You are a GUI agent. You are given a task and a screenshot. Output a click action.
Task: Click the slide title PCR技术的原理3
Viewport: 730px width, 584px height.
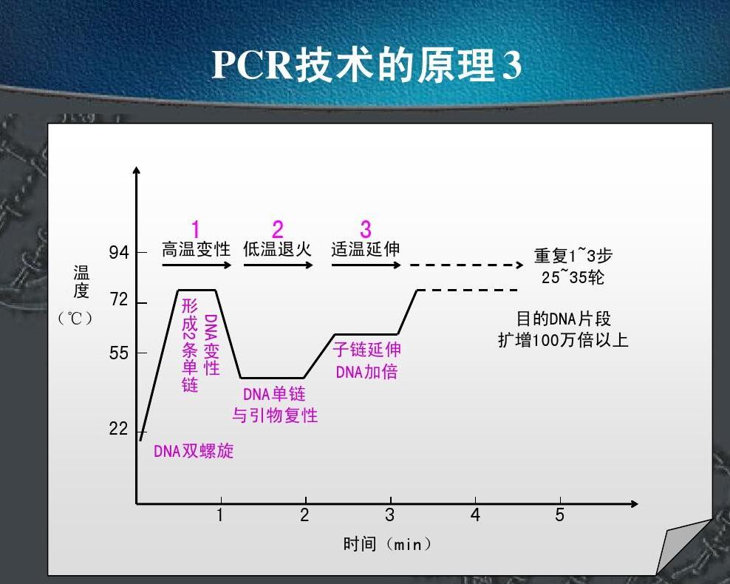pyautogui.click(x=367, y=65)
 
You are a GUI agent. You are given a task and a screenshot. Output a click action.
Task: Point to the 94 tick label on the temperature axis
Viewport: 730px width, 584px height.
pyautogui.click(x=119, y=252)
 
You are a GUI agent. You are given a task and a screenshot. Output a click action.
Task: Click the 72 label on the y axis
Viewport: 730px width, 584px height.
pyautogui.click(x=119, y=299)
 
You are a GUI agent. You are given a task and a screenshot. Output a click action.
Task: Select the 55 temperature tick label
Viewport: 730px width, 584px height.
pyautogui.click(x=119, y=353)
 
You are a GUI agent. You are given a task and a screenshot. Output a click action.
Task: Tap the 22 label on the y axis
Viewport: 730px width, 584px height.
pyautogui.click(x=119, y=429)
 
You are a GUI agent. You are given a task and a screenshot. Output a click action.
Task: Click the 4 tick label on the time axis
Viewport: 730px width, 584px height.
pyautogui.click(x=475, y=515)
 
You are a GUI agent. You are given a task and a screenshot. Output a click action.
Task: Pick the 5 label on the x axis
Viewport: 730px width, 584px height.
pyautogui.click(x=559, y=515)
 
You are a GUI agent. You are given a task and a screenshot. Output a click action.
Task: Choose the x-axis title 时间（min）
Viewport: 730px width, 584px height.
pyautogui.click(x=387, y=543)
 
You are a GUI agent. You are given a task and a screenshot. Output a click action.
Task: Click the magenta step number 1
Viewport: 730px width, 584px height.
pyautogui.click(x=196, y=230)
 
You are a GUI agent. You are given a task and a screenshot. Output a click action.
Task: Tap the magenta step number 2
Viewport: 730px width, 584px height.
pyautogui.click(x=278, y=230)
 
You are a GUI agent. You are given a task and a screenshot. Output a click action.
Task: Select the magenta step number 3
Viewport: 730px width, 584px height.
pyautogui.click(x=366, y=230)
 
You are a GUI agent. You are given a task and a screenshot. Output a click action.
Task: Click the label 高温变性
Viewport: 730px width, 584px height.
pyautogui.click(x=196, y=249)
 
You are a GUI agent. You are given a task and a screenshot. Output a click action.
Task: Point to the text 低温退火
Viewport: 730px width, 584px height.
pyautogui.click(x=278, y=249)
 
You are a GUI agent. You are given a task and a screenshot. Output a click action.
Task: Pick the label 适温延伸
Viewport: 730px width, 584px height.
pyautogui.click(x=366, y=249)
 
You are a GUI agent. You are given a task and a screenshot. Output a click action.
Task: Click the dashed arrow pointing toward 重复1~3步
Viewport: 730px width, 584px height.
pyautogui.click(x=466, y=265)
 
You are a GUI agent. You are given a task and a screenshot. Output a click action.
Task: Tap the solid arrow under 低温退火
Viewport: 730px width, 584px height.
pyautogui.click(x=279, y=265)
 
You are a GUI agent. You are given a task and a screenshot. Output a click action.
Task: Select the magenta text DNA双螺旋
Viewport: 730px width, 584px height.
pyautogui.click(x=194, y=451)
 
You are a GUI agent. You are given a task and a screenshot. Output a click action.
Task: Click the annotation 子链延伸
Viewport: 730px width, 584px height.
pyautogui.click(x=367, y=350)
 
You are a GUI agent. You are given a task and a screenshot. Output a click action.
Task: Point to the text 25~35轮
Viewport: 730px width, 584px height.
pyautogui.click(x=573, y=277)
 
